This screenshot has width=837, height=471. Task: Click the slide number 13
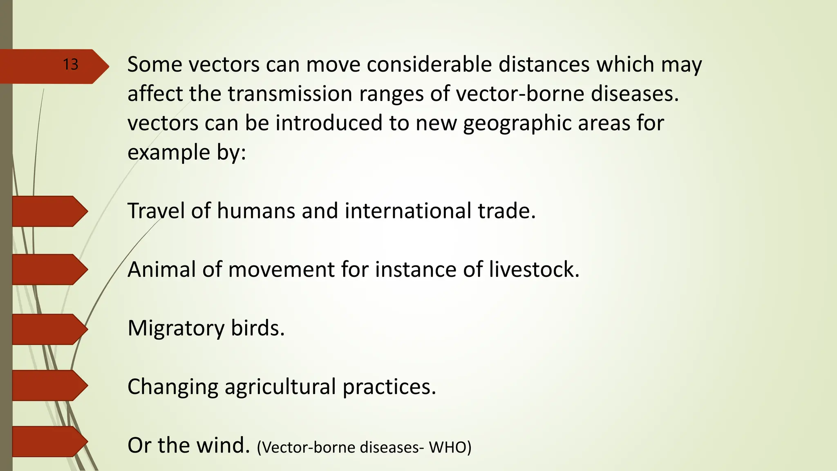70,65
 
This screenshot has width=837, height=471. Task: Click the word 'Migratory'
176,328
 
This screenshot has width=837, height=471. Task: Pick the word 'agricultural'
280,387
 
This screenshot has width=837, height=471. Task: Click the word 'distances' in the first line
544,65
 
